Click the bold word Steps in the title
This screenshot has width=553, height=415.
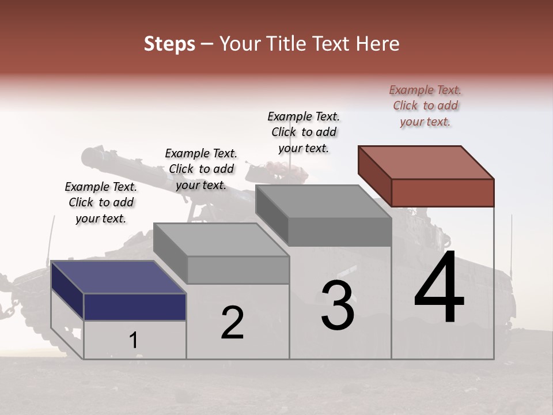169,44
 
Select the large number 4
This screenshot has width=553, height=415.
439,288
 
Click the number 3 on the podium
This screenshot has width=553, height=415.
338,306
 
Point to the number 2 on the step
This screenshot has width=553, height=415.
232,323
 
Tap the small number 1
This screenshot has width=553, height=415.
133,340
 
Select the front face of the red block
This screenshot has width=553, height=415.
442,193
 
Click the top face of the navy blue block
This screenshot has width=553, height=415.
119,277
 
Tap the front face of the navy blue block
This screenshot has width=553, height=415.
135,307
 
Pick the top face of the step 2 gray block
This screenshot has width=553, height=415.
221,239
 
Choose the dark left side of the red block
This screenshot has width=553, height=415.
374,176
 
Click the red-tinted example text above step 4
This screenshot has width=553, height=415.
425,105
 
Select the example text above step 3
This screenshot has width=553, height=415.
304,132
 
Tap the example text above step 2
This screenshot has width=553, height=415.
201,169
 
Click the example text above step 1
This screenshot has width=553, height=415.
101,202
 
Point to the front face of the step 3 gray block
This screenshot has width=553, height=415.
339,232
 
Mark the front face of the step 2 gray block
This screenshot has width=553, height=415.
238,270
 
